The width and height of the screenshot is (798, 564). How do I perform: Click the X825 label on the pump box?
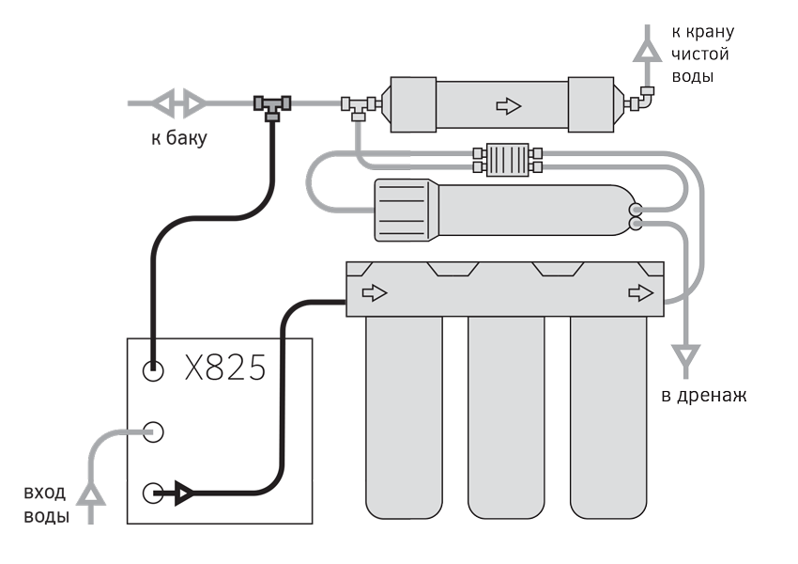225,368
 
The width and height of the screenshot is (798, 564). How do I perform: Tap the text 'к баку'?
179,138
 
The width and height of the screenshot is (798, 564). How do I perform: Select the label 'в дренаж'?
704,396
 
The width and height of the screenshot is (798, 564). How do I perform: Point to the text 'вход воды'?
46,505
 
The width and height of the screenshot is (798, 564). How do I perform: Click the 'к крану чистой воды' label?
703,54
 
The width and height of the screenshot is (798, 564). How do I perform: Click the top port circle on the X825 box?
153,371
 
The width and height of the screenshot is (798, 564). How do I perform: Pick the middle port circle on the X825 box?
153,432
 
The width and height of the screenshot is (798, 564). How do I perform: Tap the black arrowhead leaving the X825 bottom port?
184,493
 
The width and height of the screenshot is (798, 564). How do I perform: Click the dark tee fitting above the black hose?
272,107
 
